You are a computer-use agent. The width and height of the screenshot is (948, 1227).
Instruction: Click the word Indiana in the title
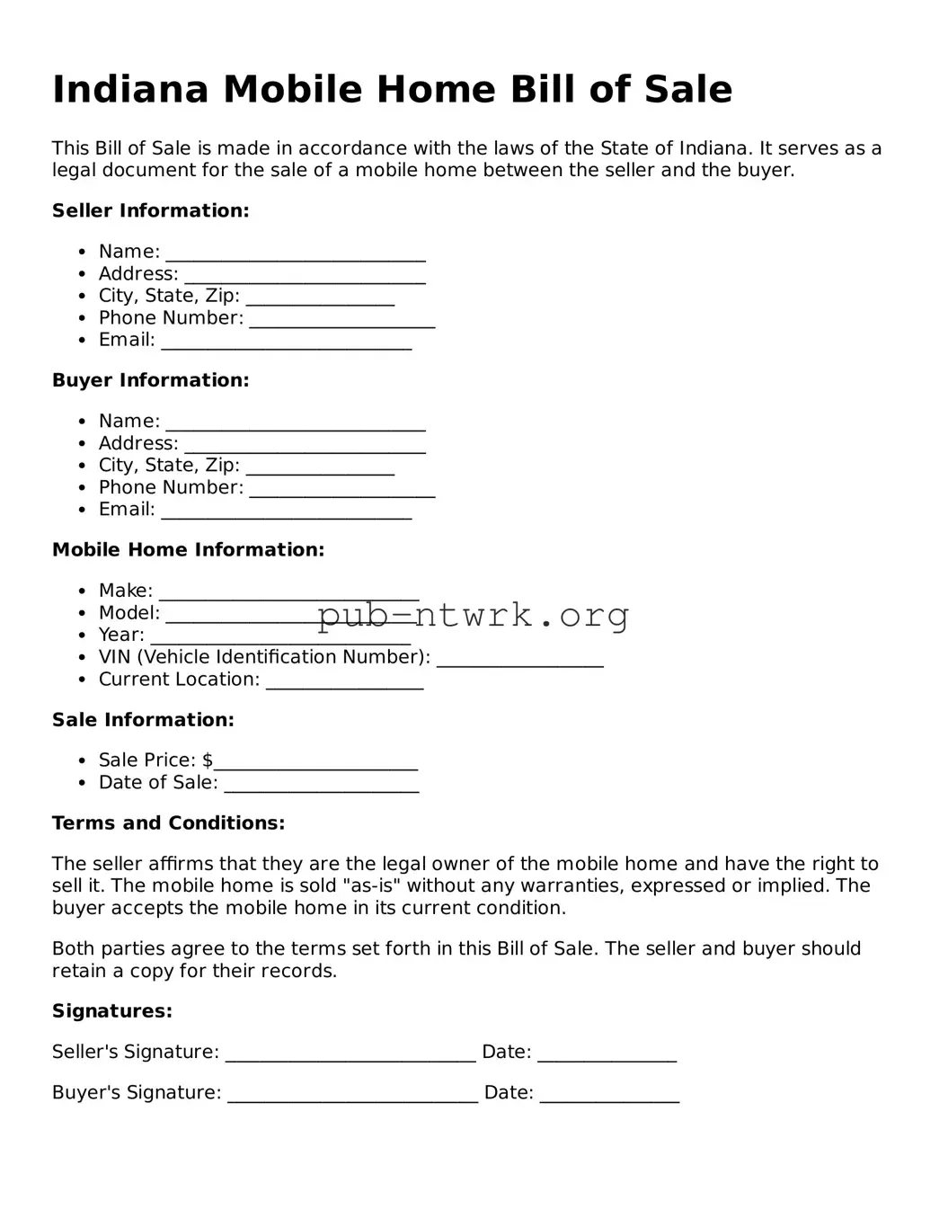[130, 90]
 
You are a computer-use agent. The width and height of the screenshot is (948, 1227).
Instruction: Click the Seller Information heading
[150, 211]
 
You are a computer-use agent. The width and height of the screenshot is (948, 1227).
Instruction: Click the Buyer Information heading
[150, 380]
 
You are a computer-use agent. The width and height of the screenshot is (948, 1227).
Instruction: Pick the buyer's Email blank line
[286, 513]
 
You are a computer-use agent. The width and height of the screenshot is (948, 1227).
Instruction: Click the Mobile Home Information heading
[188, 550]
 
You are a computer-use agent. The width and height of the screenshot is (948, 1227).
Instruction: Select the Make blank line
[288, 594]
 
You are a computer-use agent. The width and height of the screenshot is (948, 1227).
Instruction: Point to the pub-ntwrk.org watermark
[473, 616]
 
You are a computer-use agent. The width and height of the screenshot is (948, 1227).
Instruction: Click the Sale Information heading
[143, 720]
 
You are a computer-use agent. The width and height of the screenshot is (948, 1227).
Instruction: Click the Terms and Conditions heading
[168, 823]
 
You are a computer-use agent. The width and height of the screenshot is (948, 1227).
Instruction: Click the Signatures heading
[112, 1011]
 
